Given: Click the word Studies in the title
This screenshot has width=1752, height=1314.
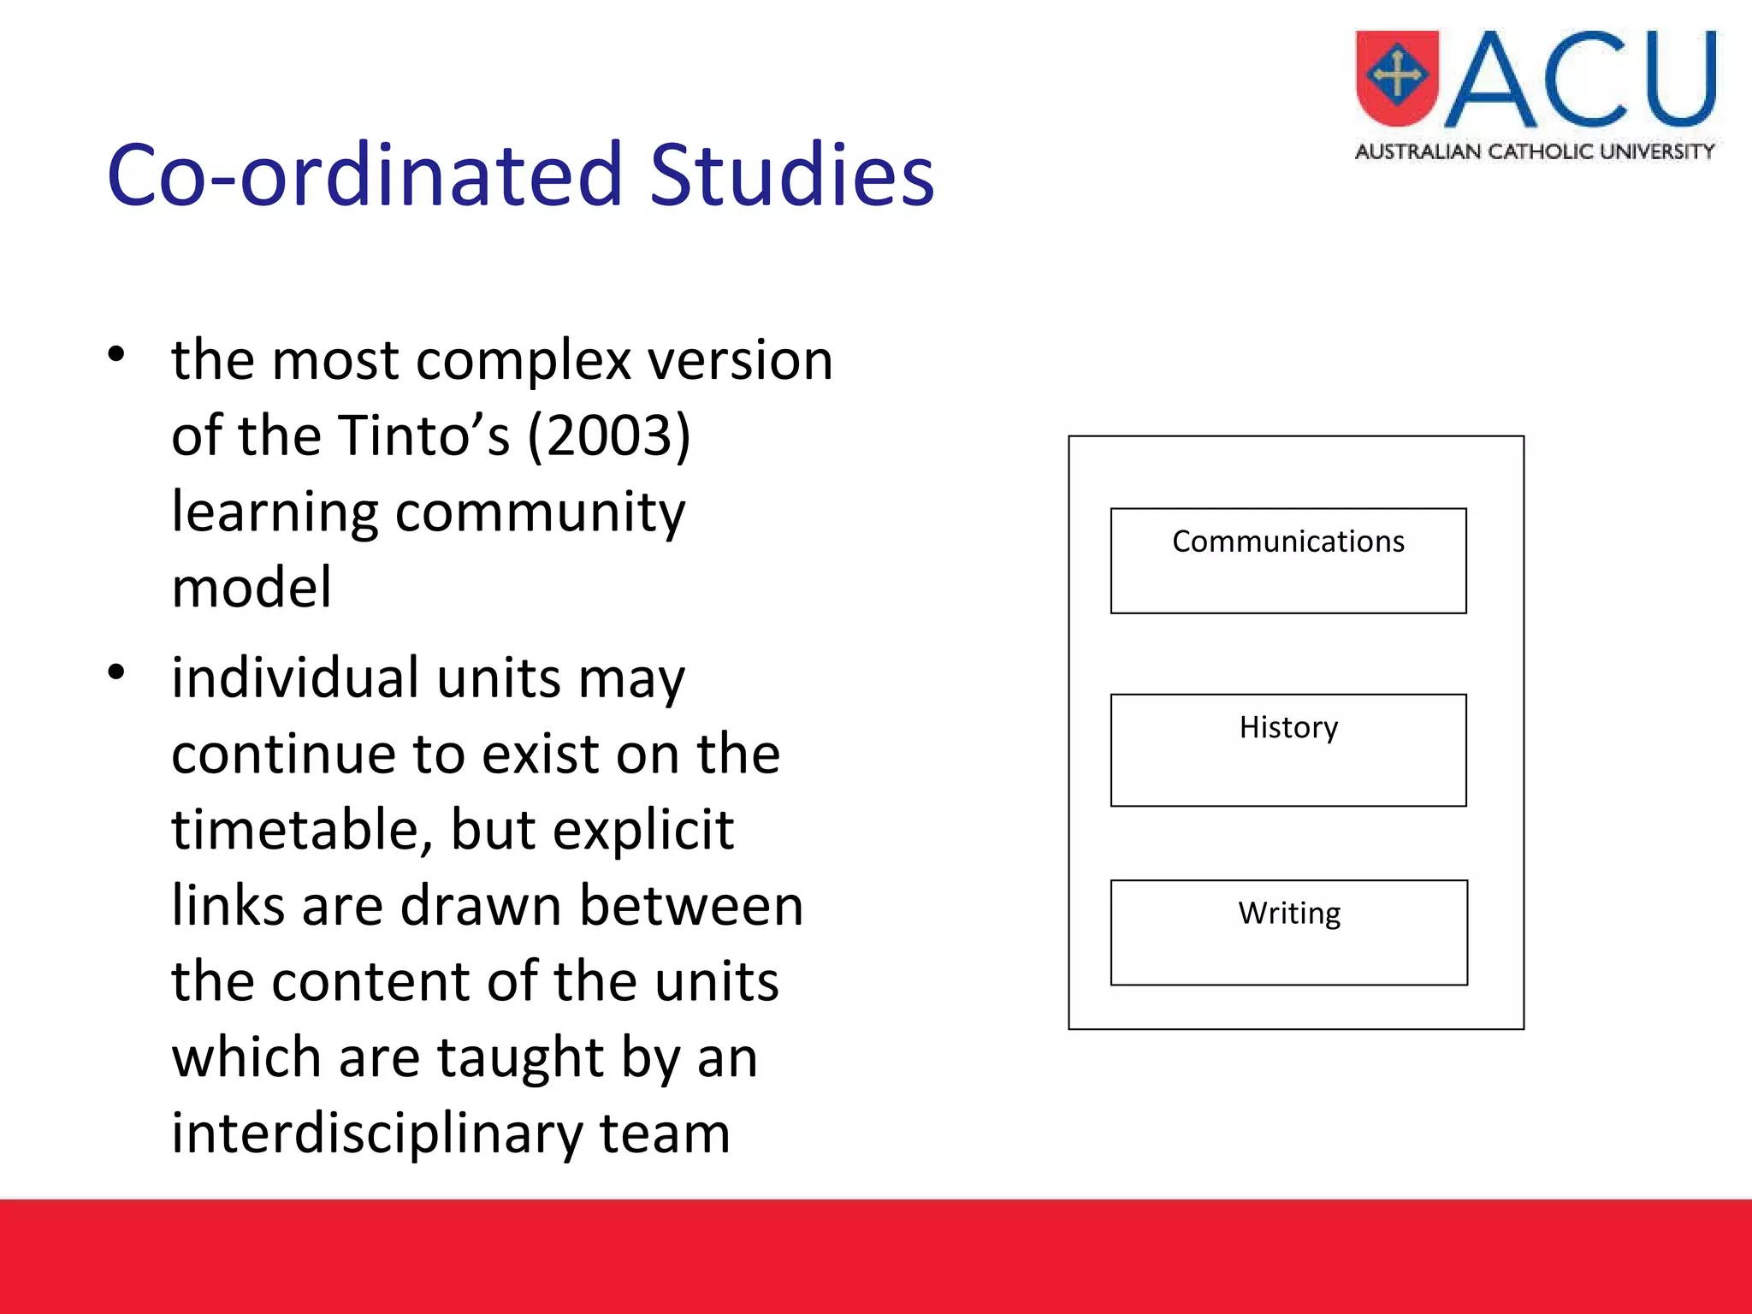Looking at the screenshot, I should [x=791, y=175].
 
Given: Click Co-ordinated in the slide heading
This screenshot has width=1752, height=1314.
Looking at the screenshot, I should [x=364, y=175].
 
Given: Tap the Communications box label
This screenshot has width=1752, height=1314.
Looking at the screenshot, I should [x=1287, y=542].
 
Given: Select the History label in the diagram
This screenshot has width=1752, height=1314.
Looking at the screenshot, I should [x=1287, y=728].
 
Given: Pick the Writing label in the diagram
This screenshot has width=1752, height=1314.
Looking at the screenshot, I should [x=1288, y=914].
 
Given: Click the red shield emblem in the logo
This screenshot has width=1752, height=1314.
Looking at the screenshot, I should [x=1397, y=78].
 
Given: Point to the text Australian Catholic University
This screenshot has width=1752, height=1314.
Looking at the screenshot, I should [x=1535, y=151].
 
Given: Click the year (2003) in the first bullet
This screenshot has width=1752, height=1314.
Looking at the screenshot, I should [x=608, y=436].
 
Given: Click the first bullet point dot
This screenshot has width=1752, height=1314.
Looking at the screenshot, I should [x=116, y=354].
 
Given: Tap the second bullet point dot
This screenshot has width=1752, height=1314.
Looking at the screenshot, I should [x=116, y=672].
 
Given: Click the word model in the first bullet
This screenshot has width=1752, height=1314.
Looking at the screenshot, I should [x=251, y=588].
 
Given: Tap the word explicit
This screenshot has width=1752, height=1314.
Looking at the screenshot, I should [x=642, y=830].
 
